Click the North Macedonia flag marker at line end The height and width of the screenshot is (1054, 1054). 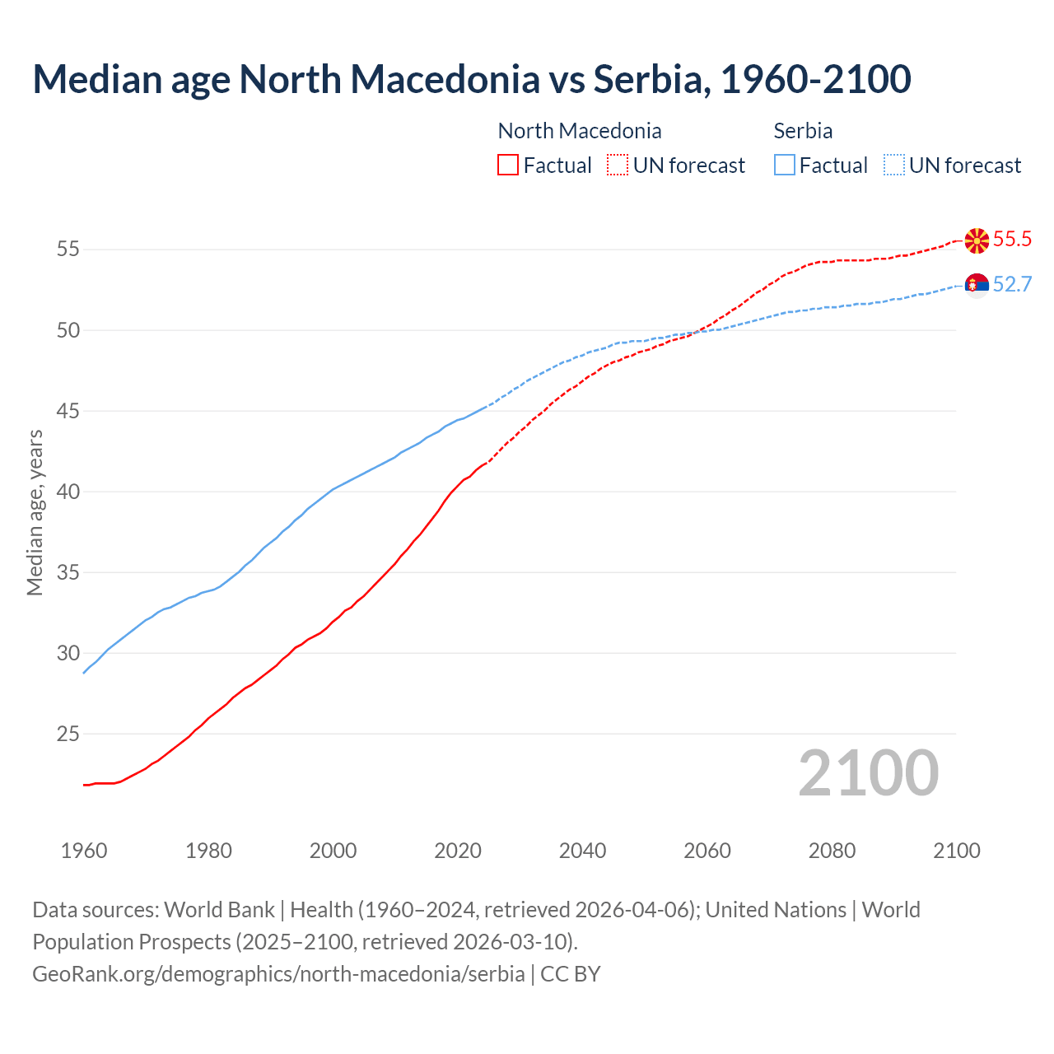click(977, 240)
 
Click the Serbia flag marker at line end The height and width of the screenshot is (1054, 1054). click(977, 285)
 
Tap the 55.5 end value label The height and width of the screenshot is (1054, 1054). click(1012, 240)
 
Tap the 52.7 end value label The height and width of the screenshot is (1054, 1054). click(1012, 285)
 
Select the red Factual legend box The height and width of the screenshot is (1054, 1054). click(508, 165)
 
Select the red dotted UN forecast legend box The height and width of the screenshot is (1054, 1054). click(618, 165)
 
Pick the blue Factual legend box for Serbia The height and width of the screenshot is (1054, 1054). click(785, 165)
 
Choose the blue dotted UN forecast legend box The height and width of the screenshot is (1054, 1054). click(893, 165)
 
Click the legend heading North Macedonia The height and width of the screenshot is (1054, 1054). click(580, 131)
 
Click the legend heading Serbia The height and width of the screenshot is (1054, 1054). click(803, 131)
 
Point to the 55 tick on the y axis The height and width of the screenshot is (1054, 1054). click(68, 249)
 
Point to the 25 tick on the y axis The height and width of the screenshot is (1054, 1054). click(68, 734)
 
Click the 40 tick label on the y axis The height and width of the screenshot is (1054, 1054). click(68, 492)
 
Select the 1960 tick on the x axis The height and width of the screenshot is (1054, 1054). click(84, 851)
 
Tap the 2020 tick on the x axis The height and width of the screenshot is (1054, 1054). click(458, 851)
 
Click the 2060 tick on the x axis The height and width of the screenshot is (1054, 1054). click(707, 851)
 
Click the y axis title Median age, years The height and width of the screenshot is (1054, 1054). click(35, 512)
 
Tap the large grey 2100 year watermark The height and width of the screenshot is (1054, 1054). click(868, 773)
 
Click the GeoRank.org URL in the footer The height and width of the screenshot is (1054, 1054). click(278, 974)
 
